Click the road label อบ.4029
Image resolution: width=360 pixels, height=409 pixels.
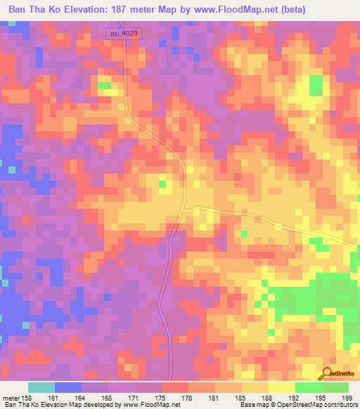pyautogui.click(x=124, y=33)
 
